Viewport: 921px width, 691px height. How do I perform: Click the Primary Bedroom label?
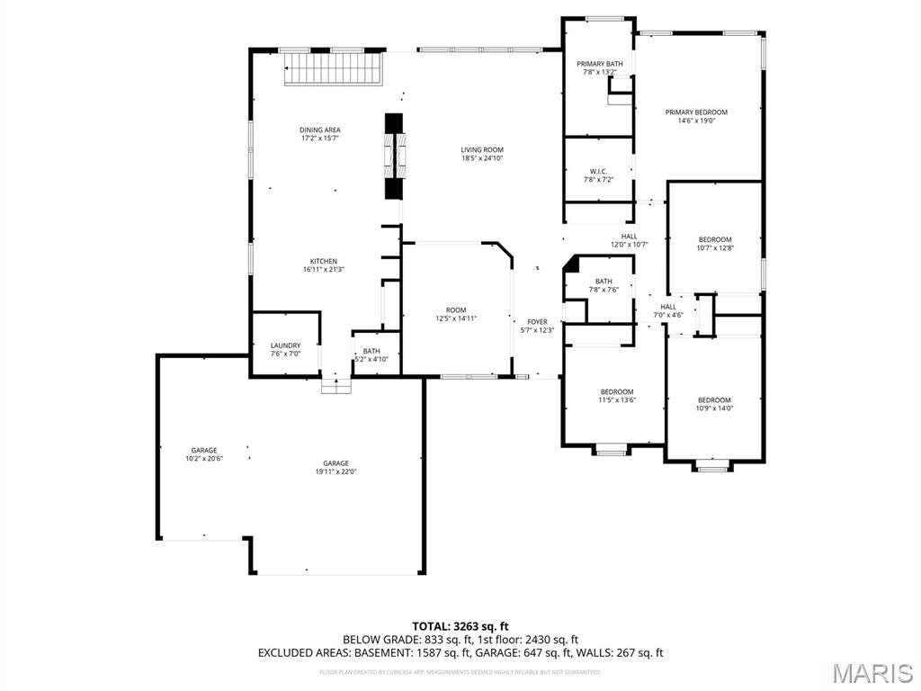pos(696,112)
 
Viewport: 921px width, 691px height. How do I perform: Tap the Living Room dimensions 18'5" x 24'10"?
pos(482,158)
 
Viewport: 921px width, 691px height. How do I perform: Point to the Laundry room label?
pos(286,345)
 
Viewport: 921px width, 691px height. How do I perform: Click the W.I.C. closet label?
pos(598,171)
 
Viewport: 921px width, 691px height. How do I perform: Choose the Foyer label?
pos(537,322)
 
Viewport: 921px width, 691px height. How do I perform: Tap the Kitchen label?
pos(320,262)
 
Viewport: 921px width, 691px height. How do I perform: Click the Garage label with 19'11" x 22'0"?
pos(336,463)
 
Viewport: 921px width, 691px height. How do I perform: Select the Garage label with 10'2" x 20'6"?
pos(204,451)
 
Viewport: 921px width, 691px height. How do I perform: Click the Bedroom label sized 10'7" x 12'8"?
pos(715,240)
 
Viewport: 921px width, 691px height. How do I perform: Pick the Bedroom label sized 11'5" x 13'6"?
pos(617,392)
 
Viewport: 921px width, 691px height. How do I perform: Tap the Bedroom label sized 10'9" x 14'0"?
pos(714,400)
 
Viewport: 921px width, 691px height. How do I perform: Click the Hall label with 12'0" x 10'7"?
pos(630,237)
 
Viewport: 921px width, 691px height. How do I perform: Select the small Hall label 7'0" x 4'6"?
pos(668,307)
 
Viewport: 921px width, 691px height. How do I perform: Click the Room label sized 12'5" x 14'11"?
pos(456,310)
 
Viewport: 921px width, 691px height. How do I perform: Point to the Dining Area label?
pos(320,130)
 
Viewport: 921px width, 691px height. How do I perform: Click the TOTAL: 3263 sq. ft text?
pos(460,626)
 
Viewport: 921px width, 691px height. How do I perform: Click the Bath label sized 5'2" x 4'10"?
pos(371,352)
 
